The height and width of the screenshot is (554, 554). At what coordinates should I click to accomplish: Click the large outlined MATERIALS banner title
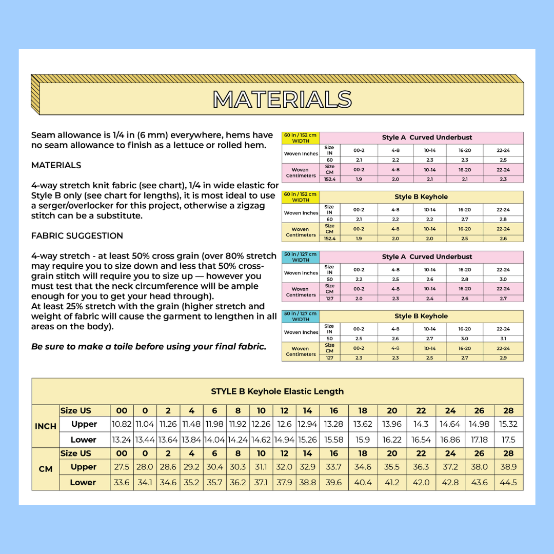pos(283,100)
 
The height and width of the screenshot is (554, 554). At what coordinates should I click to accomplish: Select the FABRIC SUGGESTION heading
pos(77,236)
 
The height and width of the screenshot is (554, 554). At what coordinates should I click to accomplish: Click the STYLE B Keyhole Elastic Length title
pos(277,391)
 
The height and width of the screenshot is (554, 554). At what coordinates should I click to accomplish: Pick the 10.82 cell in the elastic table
pos(122,424)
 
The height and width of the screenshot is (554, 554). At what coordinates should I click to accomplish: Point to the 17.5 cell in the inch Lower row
pos(508,440)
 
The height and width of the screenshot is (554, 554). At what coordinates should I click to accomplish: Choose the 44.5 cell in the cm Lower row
pos(508,482)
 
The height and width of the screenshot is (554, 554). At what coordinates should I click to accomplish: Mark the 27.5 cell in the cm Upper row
pos(122,467)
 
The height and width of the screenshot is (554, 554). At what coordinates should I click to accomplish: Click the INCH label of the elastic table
pos(46,426)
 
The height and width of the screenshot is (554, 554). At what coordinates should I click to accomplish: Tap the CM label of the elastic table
pos(46,469)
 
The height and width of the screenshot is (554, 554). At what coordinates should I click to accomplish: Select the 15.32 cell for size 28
pos(508,424)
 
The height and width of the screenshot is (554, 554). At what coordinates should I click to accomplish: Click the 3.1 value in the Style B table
pos(503,339)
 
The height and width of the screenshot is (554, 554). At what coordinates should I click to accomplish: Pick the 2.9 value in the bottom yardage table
pos(503,358)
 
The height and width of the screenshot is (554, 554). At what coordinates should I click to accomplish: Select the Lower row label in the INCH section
pos(84,440)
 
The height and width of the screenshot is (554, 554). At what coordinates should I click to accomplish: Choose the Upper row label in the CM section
pos(84,467)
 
